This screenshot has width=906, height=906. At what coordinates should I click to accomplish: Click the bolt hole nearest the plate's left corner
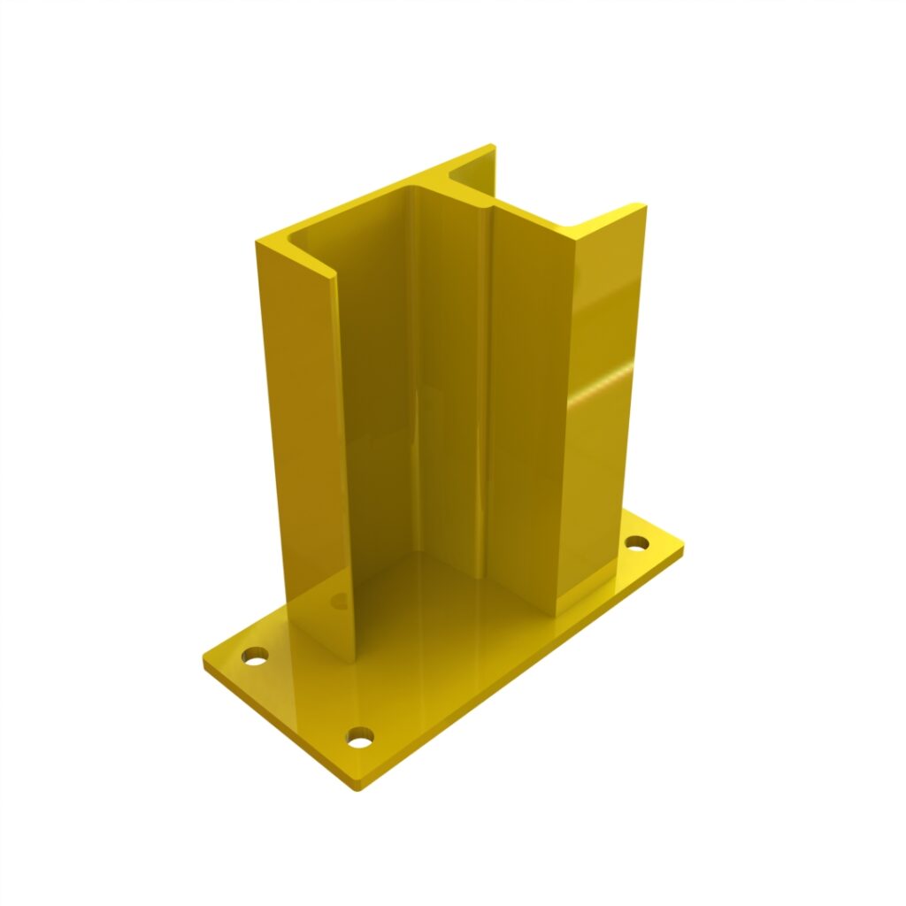pos(256,656)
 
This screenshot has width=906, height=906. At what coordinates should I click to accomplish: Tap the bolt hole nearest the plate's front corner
pos(359,736)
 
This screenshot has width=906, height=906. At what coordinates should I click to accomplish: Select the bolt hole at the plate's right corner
pos(637,541)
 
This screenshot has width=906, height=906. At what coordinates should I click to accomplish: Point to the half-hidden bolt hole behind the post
pos(340,601)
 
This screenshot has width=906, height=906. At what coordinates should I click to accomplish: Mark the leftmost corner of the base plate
pos(203,659)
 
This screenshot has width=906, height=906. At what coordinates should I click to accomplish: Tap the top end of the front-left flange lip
pos(334,276)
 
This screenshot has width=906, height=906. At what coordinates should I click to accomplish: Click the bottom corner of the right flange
pos(557,615)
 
